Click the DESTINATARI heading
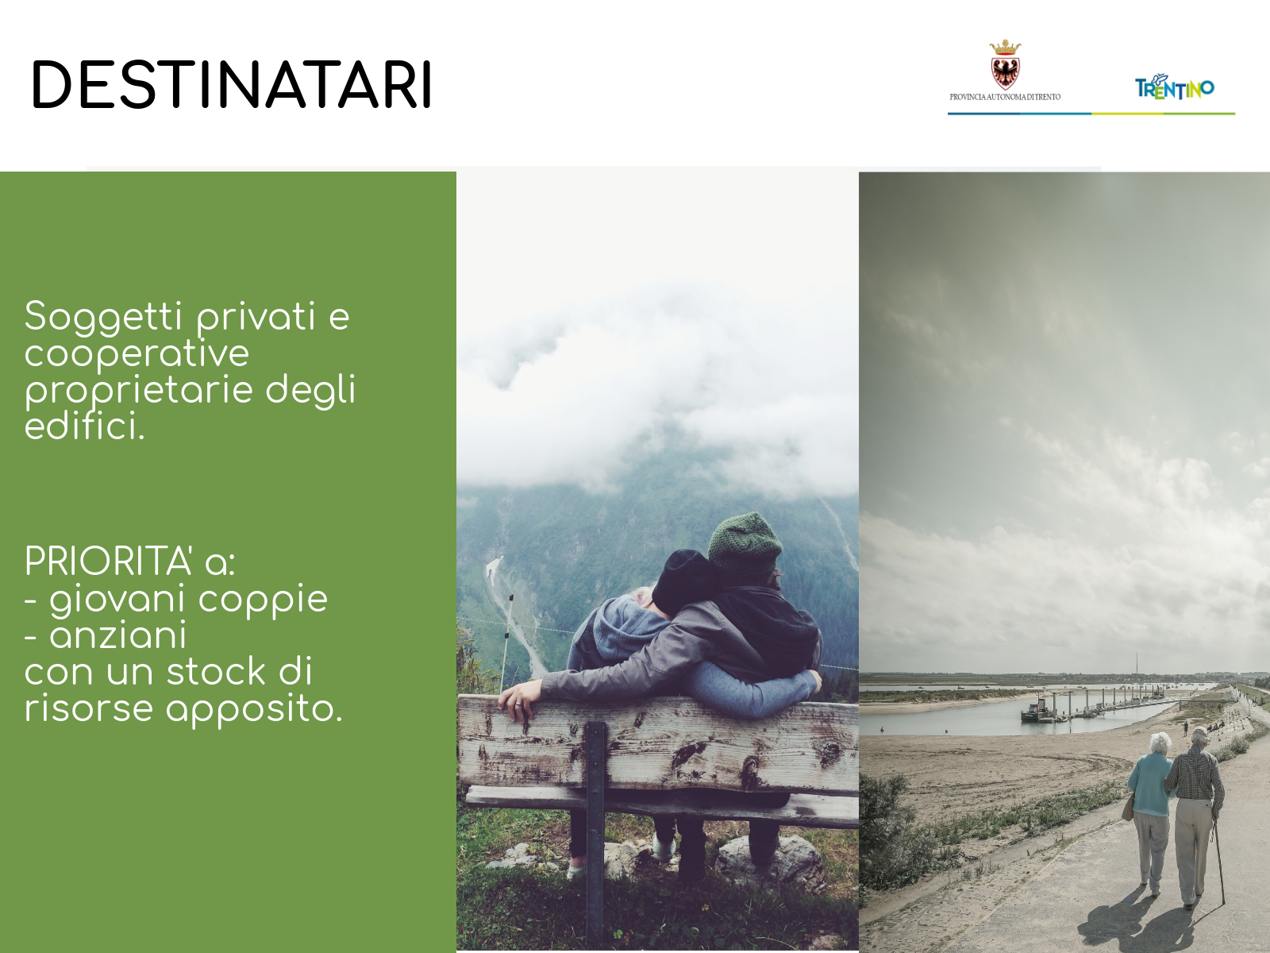232,84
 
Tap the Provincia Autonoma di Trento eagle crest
1005,65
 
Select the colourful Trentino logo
1175,88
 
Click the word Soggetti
103,317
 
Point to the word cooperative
137,354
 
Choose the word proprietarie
139,391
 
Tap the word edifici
84,426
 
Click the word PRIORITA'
108,561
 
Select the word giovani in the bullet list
117,600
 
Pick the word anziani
118,635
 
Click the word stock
216,672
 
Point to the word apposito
255,710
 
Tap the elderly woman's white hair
1160,743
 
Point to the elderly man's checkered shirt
1195,775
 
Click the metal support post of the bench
595,833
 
